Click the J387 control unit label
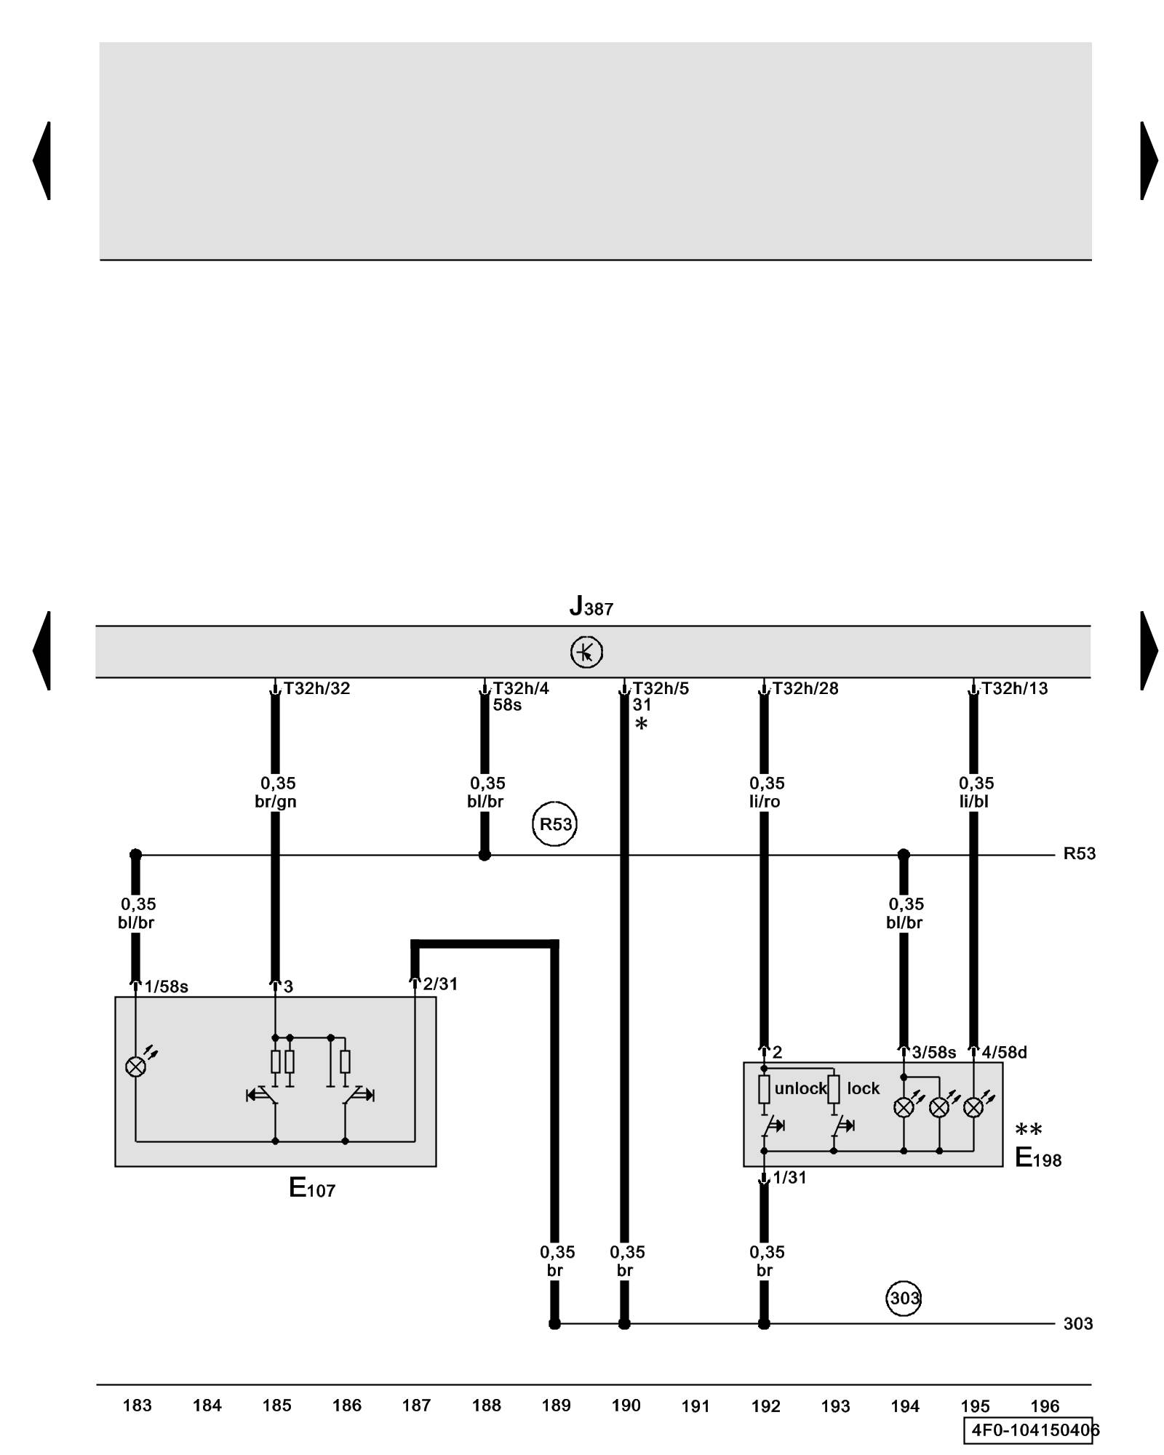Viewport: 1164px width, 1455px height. pyautogui.click(x=591, y=606)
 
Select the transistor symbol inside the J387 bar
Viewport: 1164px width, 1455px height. pyautogui.click(x=586, y=652)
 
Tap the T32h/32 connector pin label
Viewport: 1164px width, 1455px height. pyautogui.click(x=316, y=688)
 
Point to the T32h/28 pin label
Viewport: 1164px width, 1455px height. pyautogui.click(x=805, y=688)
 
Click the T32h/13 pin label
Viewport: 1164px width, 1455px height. pyautogui.click(x=1014, y=688)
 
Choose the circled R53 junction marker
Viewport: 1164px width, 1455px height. pyautogui.click(x=555, y=824)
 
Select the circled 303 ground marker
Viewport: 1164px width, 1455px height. pyautogui.click(x=904, y=1298)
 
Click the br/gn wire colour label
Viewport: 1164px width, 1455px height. pyautogui.click(x=276, y=802)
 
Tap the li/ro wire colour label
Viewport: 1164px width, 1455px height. pyautogui.click(x=765, y=802)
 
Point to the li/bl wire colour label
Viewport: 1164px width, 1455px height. pyautogui.click(x=973, y=802)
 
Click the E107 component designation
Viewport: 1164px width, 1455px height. pyautogui.click(x=312, y=1188)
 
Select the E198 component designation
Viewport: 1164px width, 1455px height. pyautogui.click(x=1037, y=1157)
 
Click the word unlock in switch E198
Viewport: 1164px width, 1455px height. pyautogui.click(x=800, y=1088)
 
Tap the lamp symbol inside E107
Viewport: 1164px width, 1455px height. pyautogui.click(x=136, y=1067)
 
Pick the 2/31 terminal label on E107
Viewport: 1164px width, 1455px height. pyautogui.click(x=440, y=984)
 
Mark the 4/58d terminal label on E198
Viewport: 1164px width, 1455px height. pyautogui.click(x=1004, y=1052)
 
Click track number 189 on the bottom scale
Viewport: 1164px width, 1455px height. pyautogui.click(x=556, y=1406)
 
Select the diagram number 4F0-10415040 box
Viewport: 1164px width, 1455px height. pyautogui.click(x=1031, y=1430)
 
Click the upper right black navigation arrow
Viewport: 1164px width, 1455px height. pyautogui.click(x=1148, y=161)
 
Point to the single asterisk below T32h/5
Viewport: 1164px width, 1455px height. pyautogui.click(x=641, y=724)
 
